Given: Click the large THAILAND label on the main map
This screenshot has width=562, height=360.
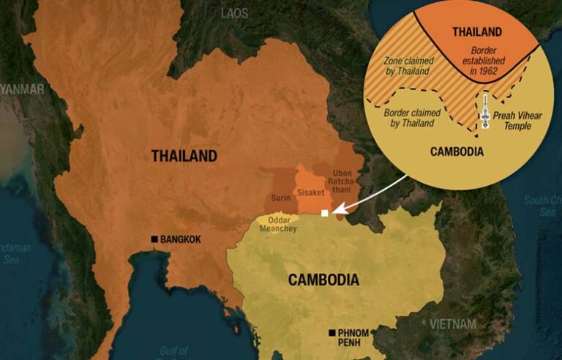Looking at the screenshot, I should (x=184, y=156).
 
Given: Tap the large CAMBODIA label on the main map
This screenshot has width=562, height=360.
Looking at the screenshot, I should (x=323, y=280).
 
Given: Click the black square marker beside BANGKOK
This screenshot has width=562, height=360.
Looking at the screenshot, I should (x=154, y=239).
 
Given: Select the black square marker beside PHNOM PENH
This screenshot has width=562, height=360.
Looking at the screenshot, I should (x=332, y=333).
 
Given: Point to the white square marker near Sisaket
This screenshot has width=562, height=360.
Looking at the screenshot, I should (x=325, y=214).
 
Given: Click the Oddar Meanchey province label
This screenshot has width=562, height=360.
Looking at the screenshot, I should (x=276, y=225).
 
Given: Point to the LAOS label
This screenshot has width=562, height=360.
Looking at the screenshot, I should (x=234, y=13).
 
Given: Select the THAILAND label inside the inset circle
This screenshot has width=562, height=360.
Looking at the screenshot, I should (x=477, y=31).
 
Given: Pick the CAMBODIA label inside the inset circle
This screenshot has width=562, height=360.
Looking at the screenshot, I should (x=456, y=152).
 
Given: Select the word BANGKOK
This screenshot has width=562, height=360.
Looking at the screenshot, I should (x=181, y=239).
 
